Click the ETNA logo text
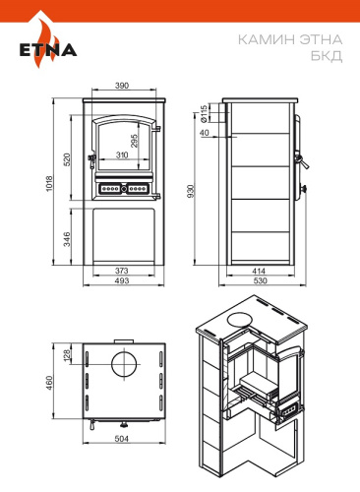click(x=48, y=50)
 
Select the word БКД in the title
click(x=327, y=55)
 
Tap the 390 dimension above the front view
click(x=122, y=86)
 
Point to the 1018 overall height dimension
click(x=49, y=184)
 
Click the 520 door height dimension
click(x=67, y=159)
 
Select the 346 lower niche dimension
click(x=67, y=239)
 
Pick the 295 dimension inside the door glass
click(x=135, y=141)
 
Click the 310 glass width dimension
click(x=122, y=154)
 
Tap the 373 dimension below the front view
click(x=122, y=271)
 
